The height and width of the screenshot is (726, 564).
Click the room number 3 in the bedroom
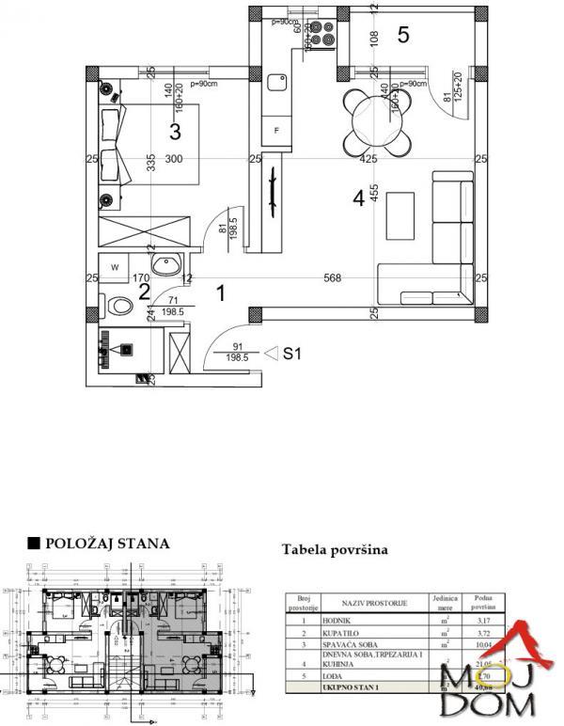175,131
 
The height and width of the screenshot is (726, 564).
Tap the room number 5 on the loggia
402,36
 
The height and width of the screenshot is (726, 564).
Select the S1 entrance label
292,354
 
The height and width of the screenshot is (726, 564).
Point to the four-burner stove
321,35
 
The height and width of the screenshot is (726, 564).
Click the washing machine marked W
116,267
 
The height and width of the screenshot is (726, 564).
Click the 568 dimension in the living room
332,277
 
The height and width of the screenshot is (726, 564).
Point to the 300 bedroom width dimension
173,159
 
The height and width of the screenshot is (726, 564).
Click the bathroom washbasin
168,264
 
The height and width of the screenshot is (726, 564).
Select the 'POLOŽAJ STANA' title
100,543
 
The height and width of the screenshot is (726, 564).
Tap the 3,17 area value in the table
484,621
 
